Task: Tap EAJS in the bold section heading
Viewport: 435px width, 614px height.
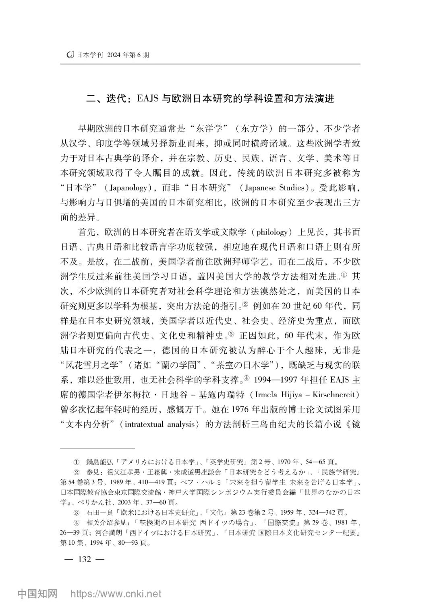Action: point(149,99)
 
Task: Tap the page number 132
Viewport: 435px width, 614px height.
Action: point(85,559)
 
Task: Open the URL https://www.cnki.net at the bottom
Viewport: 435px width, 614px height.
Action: point(116,594)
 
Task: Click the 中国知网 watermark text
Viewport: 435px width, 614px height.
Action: point(37,594)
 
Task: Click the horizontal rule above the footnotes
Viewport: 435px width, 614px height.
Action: point(97,447)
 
